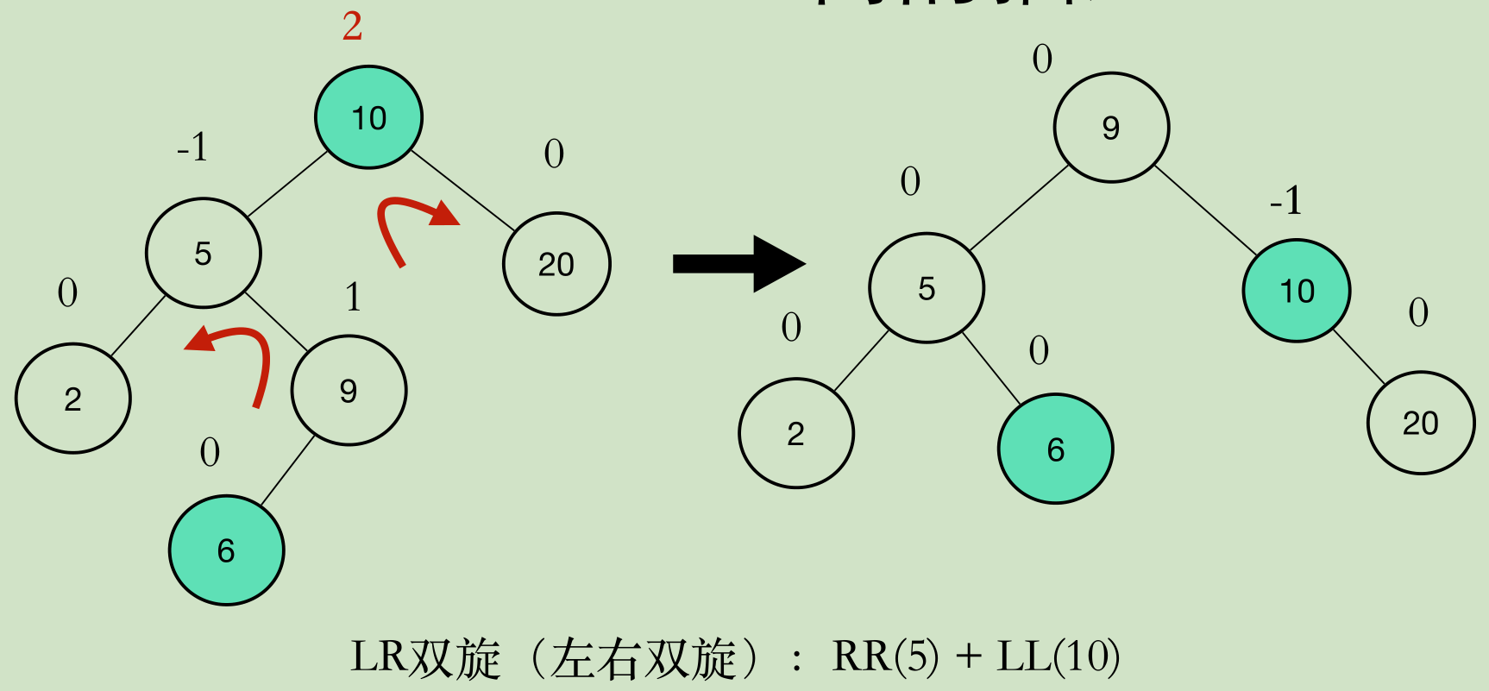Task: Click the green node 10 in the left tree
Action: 368,116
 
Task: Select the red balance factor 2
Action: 352,26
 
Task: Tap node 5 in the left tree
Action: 203,253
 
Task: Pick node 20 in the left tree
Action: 556,264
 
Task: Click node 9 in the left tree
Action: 349,391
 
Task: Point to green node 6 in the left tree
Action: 226,550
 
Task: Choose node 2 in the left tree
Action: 73,399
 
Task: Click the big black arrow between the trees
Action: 738,263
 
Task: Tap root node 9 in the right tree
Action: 1111,128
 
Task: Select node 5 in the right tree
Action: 927,288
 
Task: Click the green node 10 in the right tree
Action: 1297,291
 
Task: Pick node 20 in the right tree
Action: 1421,423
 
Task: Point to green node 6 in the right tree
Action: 1056,449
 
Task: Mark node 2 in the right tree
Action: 795,433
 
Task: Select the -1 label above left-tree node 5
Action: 192,148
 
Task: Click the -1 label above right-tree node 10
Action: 1285,201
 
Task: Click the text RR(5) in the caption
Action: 885,657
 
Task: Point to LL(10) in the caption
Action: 1058,657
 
